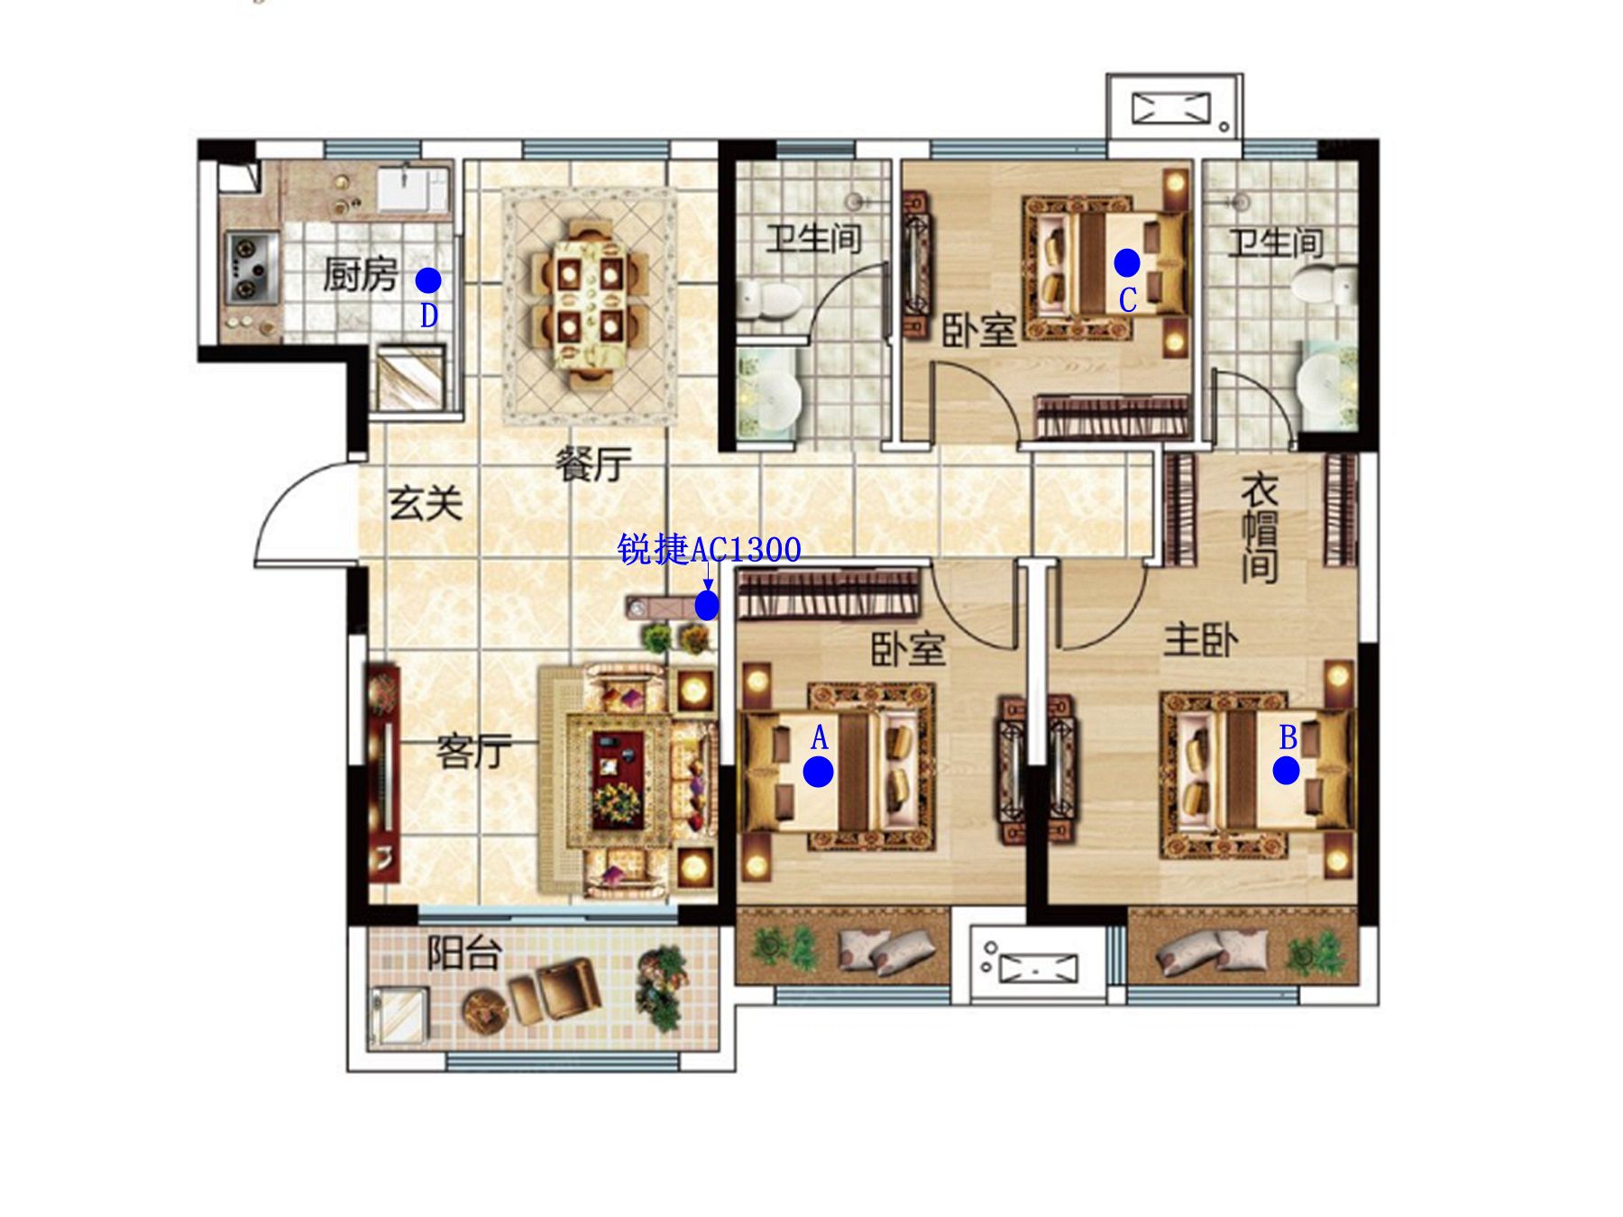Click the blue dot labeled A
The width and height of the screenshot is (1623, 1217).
818,772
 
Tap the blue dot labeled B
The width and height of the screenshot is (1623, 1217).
1286,771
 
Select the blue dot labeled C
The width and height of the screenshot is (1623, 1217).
1127,262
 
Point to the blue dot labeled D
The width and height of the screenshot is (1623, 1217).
428,280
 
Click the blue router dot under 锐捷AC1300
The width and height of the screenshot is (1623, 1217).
707,606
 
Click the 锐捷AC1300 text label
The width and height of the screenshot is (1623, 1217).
709,549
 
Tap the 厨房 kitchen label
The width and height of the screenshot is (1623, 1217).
361,274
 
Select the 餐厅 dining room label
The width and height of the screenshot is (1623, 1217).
593,464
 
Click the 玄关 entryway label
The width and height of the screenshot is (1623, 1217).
426,503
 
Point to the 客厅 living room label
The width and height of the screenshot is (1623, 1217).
474,751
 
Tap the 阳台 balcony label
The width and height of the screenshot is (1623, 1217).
463,952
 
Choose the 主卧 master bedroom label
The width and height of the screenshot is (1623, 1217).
1200,640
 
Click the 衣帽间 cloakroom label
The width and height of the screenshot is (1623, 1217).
1260,529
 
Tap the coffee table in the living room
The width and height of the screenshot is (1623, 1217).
617,780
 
